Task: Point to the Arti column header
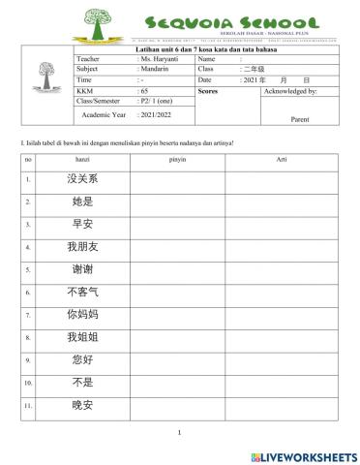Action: point(281,158)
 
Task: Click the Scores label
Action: point(207,90)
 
